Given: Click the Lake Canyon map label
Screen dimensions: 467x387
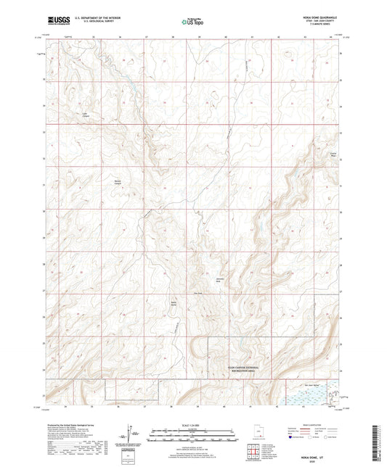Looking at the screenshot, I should (x=84, y=113).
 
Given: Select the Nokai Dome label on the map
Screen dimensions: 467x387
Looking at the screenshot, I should (x=174, y=303).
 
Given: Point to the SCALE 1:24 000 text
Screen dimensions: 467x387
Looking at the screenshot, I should (x=192, y=424).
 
